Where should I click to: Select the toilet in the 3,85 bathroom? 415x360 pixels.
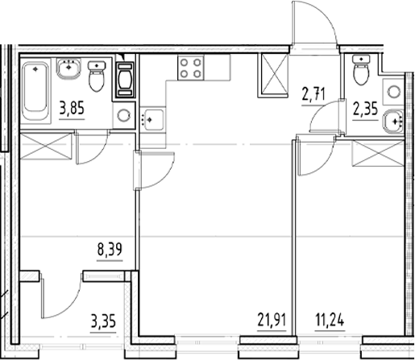(98, 77)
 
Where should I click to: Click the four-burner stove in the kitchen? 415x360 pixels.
(191, 68)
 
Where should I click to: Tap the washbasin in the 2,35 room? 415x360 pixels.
(394, 120)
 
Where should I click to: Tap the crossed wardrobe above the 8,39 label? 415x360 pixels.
(46, 149)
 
